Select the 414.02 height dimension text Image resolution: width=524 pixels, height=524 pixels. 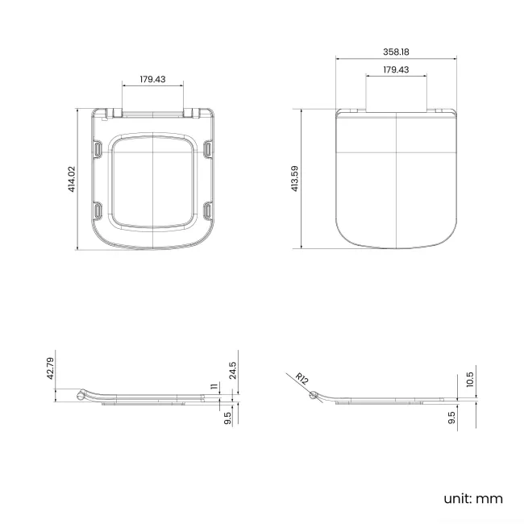[72, 178]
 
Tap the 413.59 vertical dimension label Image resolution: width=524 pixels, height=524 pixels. [295, 178]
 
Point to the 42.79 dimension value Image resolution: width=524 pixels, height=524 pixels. [50, 368]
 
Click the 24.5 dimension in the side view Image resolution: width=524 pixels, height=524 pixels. [232, 371]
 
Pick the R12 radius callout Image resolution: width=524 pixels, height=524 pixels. [301, 379]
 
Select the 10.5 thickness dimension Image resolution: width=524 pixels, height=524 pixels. [470, 379]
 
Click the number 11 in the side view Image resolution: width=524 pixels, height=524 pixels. [214, 387]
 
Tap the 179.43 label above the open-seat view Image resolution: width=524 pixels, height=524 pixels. [152, 79]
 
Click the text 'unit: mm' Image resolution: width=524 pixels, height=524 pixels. [472, 498]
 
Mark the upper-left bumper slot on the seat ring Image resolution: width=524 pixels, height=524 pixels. [98, 148]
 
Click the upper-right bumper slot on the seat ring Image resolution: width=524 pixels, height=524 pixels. [207, 148]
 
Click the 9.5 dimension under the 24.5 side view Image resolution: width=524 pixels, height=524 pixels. [227, 418]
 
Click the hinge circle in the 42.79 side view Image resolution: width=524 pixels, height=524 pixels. [81, 395]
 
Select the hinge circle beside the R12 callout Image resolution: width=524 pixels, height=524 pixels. [314, 394]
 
